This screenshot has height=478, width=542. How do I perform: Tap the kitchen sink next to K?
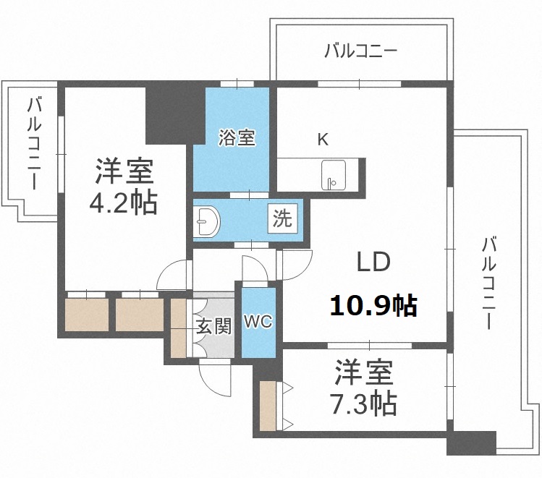(334, 174)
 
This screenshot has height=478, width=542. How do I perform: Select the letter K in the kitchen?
(323, 140)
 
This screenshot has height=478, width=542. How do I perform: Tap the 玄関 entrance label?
(213, 326)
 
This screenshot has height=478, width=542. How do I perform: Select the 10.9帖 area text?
(373, 306)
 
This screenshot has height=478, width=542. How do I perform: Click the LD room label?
(373, 263)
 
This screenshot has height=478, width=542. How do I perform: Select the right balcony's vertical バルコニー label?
(489, 283)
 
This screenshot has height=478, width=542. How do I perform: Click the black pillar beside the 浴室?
(169, 114)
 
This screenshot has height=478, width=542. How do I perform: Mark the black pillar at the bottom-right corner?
(471, 442)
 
